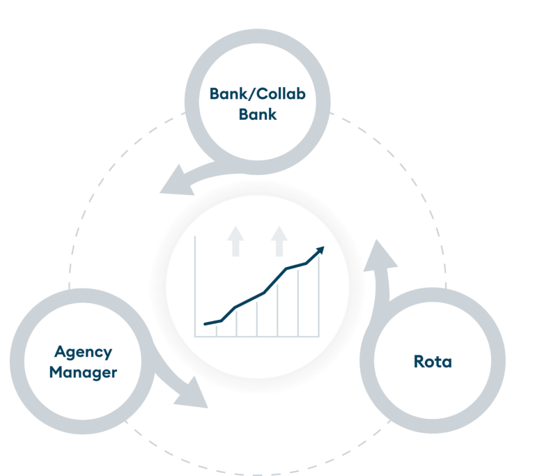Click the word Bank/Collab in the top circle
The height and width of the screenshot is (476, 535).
click(x=257, y=93)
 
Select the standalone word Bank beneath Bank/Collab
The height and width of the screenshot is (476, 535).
click(x=257, y=114)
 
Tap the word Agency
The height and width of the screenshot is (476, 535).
click(x=83, y=351)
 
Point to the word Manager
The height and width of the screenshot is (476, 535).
click(x=83, y=372)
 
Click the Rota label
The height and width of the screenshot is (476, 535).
click(x=432, y=362)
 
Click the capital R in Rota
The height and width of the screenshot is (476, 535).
click(x=419, y=362)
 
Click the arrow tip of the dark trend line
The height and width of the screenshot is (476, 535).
click(x=320, y=249)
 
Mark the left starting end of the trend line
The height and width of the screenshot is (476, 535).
click(x=206, y=324)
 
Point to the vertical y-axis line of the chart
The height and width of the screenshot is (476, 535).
click(x=195, y=286)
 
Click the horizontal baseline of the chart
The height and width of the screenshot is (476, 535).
click(x=258, y=337)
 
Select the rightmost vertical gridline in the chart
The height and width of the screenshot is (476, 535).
click(x=319, y=300)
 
